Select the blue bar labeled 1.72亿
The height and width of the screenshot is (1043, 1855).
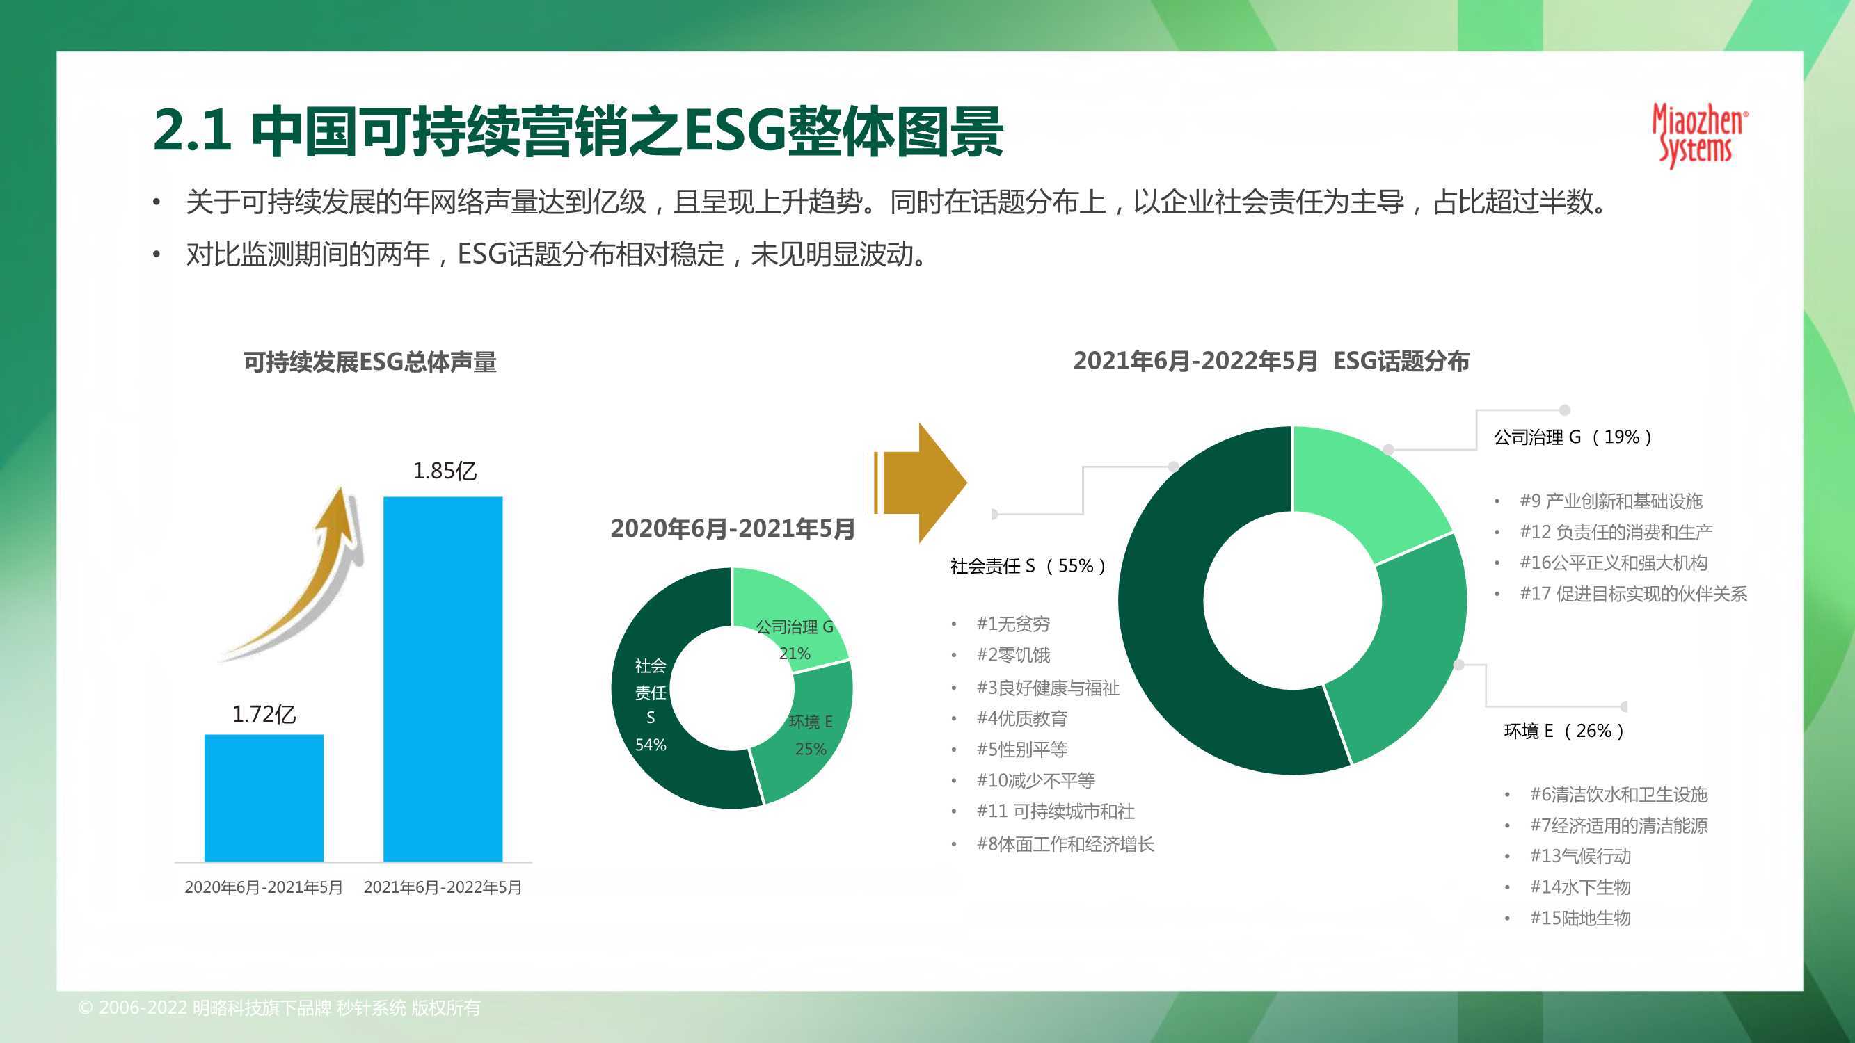[x=264, y=798]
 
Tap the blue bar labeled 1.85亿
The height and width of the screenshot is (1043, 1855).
[x=443, y=679]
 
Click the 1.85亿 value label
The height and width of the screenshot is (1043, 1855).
[x=445, y=471]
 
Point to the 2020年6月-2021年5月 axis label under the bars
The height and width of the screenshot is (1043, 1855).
[x=264, y=887]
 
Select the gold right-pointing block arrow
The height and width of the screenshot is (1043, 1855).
[x=919, y=483]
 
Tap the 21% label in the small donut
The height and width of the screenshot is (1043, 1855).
[x=795, y=654]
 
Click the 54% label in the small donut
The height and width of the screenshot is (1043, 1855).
[x=651, y=745]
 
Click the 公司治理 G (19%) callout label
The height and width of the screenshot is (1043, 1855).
[x=1573, y=437]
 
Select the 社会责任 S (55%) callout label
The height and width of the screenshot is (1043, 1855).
[x=1028, y=566]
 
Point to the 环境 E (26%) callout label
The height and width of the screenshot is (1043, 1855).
[x=1565, y=731]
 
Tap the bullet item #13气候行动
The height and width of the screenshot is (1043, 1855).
[x=1580, y=856]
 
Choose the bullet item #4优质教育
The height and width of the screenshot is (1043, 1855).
[x=1022, y=718]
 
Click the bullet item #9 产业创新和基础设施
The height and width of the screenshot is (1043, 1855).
[x=1611, y=501]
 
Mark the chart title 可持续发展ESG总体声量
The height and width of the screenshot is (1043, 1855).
[x=369, y=362]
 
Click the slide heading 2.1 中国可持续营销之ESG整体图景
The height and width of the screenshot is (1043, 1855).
[x=578, y=131]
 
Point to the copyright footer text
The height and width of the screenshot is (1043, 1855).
[x=280, y=1008]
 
